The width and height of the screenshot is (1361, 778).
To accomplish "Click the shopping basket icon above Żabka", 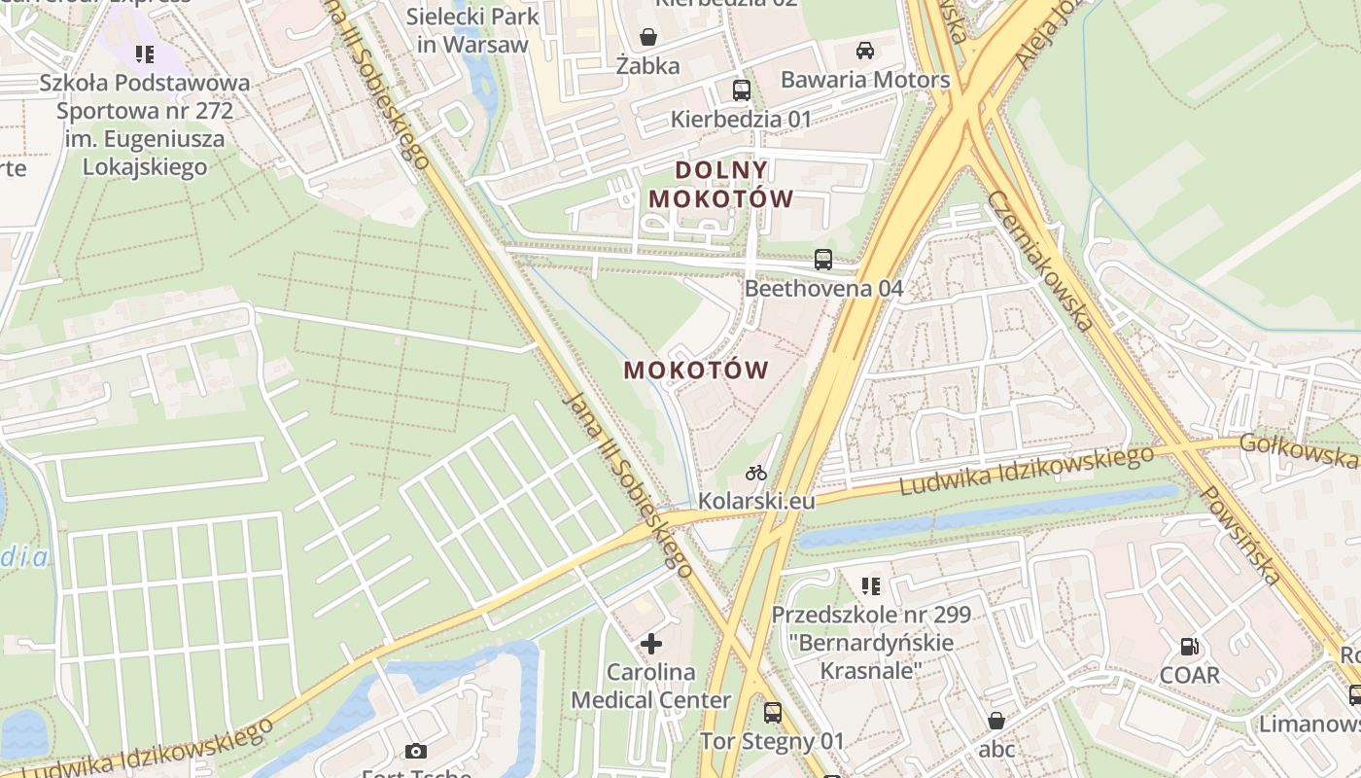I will pos(647,37).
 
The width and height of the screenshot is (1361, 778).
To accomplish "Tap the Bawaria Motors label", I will pos(864,80).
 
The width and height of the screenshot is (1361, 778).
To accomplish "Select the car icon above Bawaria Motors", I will pos(864,50).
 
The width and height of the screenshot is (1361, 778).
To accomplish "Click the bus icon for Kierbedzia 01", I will pos(741,90).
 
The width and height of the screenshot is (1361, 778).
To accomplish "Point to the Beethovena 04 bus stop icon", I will pos(823,260).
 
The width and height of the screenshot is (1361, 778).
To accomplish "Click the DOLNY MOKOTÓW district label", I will pos(721,184).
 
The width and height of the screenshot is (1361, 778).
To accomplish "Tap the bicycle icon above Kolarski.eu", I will pos(756,473).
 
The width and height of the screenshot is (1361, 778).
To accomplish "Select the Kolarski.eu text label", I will pos(756,501).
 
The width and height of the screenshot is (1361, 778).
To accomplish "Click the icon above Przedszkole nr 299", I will pos(871,585).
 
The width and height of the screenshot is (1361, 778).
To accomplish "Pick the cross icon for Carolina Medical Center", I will pos(651,643).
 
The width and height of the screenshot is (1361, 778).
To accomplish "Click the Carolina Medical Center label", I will pos(651,686).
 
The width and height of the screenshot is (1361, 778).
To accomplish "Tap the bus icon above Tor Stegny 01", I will pos(773,713).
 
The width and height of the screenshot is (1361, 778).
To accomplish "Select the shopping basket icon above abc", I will pos(996,721).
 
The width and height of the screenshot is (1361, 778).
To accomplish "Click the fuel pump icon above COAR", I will pos(1189,646).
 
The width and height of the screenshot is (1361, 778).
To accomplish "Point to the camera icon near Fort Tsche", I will pos(416,751).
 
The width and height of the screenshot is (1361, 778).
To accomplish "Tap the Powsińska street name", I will pos(1239,534).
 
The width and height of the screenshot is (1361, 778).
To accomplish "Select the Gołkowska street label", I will pos(1298,451).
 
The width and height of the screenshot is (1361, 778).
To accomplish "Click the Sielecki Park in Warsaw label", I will pos(472,30).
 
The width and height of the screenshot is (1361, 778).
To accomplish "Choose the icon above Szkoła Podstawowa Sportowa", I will pos(145,53).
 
